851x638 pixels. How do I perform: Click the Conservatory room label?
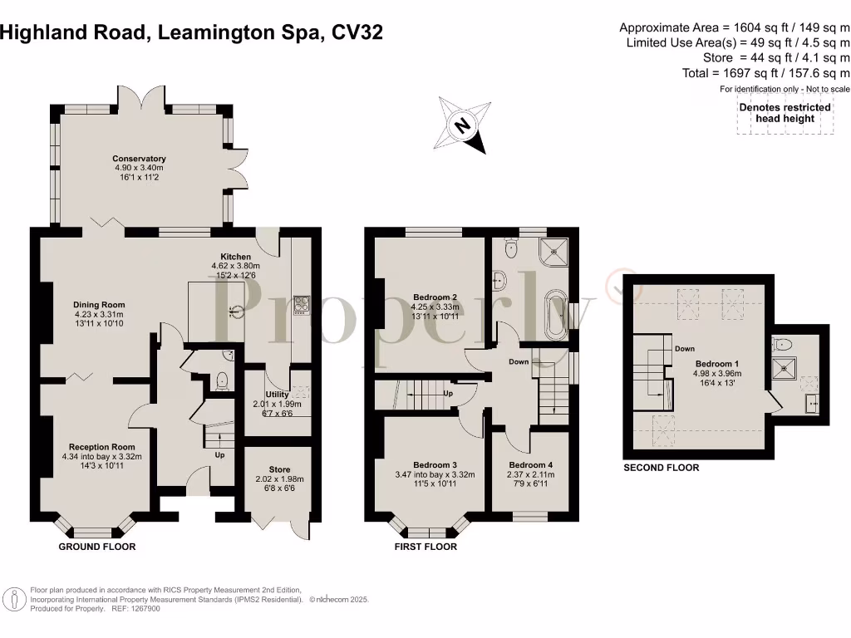coord(140,159)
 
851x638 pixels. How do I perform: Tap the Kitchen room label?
coord(235,258)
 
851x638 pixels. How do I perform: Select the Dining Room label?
coord(99,305)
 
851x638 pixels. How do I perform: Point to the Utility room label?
coord(277,395)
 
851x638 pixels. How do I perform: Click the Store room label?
coord(279,469)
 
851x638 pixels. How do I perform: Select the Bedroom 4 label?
coord(530,464)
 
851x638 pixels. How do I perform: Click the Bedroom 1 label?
coord(715,364)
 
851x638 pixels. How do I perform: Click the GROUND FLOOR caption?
coord(97,547)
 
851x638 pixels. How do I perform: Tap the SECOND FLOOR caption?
coord(662,468)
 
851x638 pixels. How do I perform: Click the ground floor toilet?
coord(221,380)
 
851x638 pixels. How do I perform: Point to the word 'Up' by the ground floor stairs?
coord(219,455)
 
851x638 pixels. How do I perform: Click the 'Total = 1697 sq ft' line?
coord(765,73)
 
